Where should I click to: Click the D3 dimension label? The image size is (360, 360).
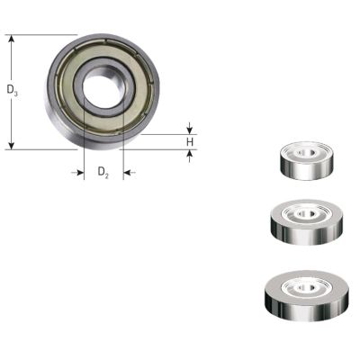[12, 90]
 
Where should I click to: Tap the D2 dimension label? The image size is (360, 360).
[103, 171]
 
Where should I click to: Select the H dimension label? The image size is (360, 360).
[190, 142]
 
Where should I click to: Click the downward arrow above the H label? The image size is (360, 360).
[190, 130]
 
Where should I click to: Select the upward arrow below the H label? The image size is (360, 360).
[190, 154]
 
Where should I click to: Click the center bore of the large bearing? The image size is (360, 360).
[102, 91]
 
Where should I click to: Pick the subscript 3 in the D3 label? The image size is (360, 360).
[16, 93]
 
